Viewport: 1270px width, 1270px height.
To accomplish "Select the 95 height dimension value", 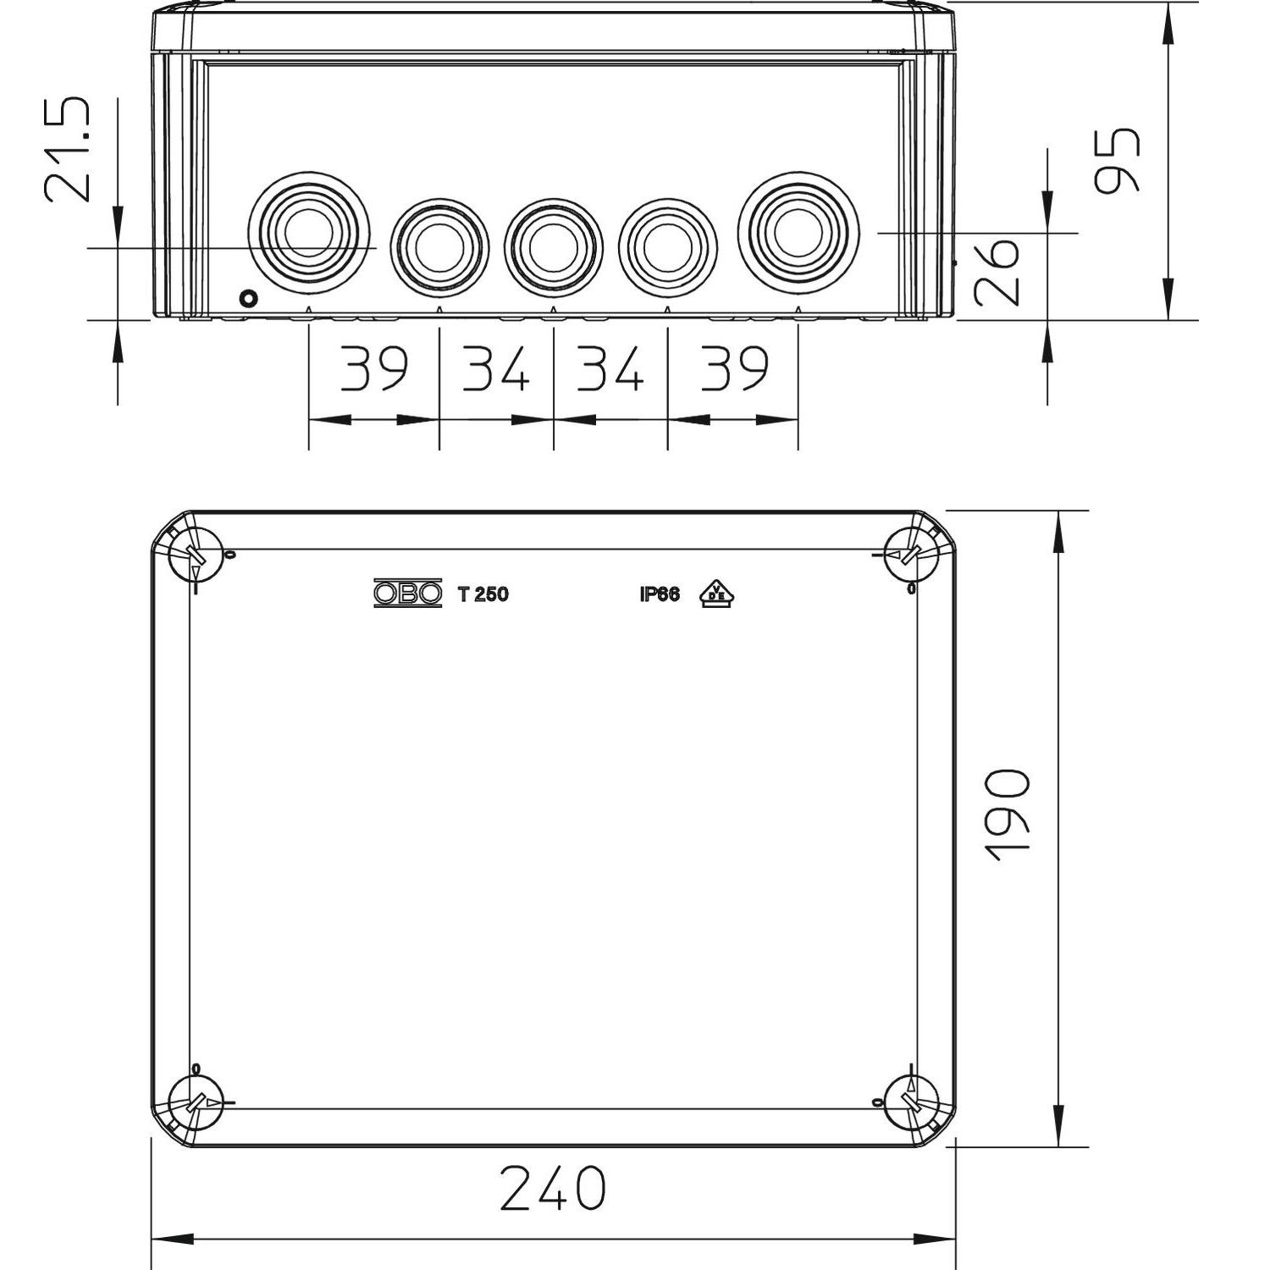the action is [1117, 160].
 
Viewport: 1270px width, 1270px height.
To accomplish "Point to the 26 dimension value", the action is [997, 271].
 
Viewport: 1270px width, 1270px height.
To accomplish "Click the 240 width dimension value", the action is [553, 1188].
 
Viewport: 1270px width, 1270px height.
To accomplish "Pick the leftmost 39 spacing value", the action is [374, 368].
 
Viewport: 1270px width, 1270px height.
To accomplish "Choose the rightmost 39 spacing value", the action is [734, 368].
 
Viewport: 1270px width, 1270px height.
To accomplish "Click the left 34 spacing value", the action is [495, 368].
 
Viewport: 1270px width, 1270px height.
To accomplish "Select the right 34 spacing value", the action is [610, 368].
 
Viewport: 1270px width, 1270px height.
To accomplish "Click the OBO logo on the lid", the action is [408, 594].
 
